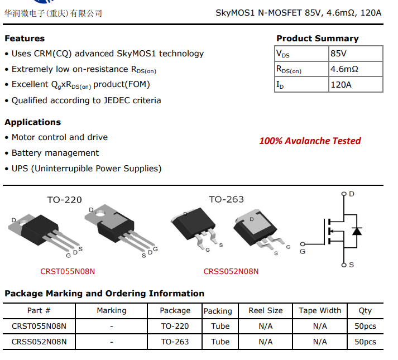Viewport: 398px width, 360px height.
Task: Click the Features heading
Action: click(x=25, y=39)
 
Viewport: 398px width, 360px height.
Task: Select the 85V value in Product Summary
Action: click(x=338, y=54)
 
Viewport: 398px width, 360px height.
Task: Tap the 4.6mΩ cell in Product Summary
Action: click(x=344, y=69)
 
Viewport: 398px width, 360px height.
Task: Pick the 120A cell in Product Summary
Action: click(x=341, y=85)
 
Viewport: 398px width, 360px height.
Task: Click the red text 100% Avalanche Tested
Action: click(x=310, y=141)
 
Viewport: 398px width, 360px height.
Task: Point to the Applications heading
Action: click(x=33, y=122)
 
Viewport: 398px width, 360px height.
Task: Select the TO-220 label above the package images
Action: click(x=64, y=200)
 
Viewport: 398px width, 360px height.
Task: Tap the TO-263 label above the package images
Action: click(x=226, y=199)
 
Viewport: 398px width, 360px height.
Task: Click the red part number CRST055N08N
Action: click(x=68, y=272)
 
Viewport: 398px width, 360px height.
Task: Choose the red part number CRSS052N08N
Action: click(x=231, y=272)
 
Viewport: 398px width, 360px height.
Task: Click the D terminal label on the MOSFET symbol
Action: click(x=351, y=194)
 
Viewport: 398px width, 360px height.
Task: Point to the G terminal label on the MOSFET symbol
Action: click(x=303, y=252)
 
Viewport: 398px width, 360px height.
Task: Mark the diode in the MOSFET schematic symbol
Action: click(x=357, y=231)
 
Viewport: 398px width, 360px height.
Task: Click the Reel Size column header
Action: click(x=266, y=311)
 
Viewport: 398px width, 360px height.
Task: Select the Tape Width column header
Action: click(x=320, y=311)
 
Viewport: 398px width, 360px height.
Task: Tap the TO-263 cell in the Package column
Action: click(x=175, y=342)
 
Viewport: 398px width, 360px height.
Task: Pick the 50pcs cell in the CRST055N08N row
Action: click(x=366, y=326)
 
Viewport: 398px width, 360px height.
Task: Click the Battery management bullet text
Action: click(x=55, y=153)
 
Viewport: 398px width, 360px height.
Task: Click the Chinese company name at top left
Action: click(x=53, y=13)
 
